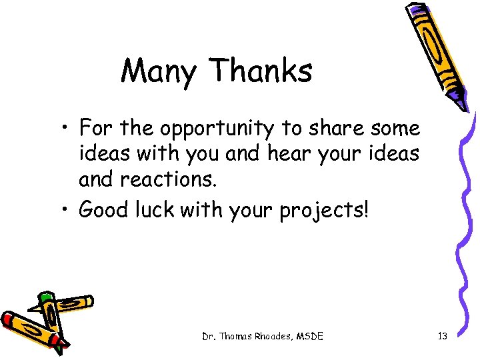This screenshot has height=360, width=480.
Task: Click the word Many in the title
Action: coord(158,71)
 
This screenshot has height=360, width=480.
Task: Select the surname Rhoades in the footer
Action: coord(276,337)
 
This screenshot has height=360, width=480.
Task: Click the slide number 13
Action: coord(442,337)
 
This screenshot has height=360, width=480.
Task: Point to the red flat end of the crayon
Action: coord(9,319)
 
